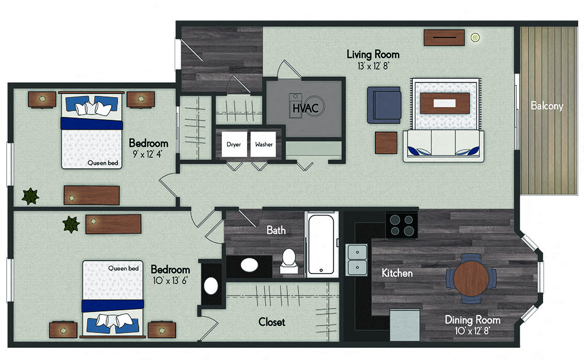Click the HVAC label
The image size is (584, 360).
[x=305, y=108]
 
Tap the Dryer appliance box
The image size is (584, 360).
[x=234, y=144]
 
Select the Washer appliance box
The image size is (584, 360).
[x=263, y=144]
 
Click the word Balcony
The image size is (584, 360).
[x=547, y=106]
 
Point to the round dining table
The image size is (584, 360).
[x=471, y=278]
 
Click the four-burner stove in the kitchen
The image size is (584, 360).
[x=402, y=225]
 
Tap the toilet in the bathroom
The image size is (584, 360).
[x=288, y=261]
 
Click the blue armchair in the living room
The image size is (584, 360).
[x=384, y=105]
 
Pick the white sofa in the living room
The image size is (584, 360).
[x=443, y=146]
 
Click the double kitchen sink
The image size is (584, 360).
[x=356, y=259]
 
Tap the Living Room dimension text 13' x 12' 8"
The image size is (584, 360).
[x=373, y=66]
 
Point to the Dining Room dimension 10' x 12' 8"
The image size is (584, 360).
[x=472, y=331]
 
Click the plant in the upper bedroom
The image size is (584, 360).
[x=30, y=196]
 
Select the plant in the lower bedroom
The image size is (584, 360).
[x=71, y=224]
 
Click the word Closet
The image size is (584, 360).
[x=272, y=322]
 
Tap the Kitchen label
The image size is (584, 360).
[x=397, y=273]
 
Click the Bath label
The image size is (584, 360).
[x=276, y=230]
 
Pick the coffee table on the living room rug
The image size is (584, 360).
[x=444, y=103]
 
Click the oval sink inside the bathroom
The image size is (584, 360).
[x=249, y=265]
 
